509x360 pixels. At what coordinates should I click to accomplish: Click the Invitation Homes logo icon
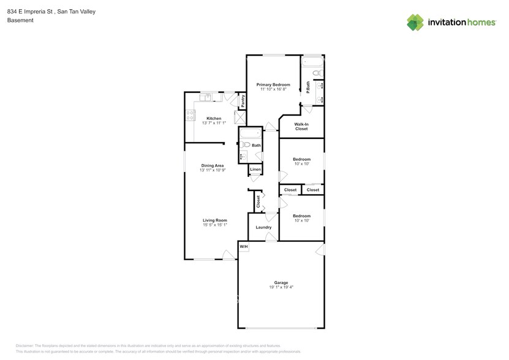pos(415,22)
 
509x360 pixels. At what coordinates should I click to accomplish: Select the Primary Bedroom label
pos(273,84)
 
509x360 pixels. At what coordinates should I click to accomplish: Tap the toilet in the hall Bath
pos(245,144)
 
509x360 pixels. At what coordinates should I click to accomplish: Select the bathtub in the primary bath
pos(312,61)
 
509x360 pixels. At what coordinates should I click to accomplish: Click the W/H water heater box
pos(243,247)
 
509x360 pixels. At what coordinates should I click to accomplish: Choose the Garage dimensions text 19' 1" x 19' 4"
pos(281,287)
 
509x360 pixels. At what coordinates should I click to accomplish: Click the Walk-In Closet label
pos(301,127)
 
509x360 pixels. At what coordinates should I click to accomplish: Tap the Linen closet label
pos(255,170)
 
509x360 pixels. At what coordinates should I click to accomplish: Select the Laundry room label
pos(263,228)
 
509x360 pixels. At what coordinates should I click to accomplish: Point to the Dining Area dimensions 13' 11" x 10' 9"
pos(213,170)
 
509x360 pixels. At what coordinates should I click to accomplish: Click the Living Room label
pos(215,220)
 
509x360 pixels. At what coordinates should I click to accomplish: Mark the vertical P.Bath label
pos(308,88)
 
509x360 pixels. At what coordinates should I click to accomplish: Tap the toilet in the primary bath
pos(317,73)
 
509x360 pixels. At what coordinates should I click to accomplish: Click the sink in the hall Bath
pos(243,156)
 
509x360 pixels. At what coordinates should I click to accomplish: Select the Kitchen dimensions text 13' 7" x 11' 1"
pos(213,123)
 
